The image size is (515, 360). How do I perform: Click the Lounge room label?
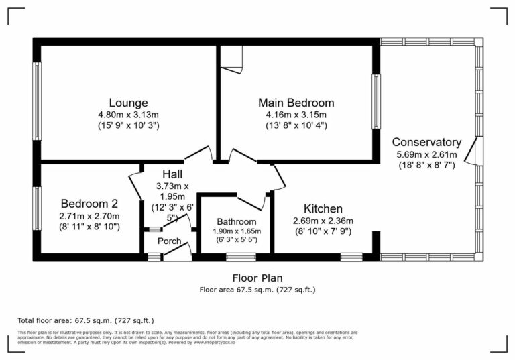click(x=128, y=103)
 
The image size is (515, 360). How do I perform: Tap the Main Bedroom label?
click(x=296, y=103)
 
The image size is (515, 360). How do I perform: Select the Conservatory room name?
click(x=426, y=142)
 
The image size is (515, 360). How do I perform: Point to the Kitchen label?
click(x=323, y=208)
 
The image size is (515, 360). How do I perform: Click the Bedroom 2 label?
click(x=90, y=204)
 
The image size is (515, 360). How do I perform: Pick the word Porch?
click(x=170, y=241)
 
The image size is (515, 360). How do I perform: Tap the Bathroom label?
click(x=236, y=221)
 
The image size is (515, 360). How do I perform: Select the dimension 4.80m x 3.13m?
click(x=128, y=115)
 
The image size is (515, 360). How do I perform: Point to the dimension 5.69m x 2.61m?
click(x=426, y=154)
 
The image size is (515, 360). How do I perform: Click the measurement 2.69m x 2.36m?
click(x=323, y=221)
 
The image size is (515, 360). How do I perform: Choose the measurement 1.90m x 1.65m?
click(x=236, y=231)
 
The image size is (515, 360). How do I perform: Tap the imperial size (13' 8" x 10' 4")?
click(x=296, y=125)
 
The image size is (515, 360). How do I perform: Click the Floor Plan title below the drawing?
click(x=257, y=278)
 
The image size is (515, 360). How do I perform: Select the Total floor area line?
click(x=89, y=320)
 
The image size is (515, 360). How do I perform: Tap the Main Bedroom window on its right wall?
click(x=376, y=101)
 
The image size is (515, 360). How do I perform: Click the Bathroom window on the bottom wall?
click(x=240, y=257)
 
